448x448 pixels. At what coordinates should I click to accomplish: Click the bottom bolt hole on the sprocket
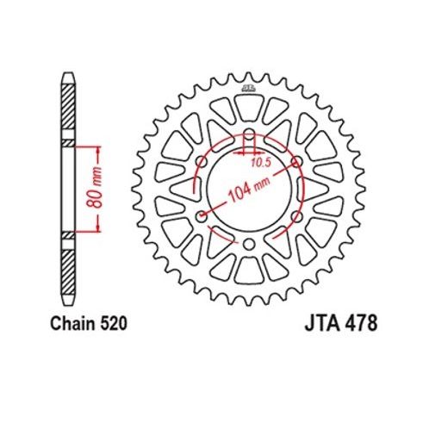point(249,245)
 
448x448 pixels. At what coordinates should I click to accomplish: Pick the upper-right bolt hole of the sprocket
point(296,163)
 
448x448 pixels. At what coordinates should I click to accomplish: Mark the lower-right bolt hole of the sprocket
point(296,218)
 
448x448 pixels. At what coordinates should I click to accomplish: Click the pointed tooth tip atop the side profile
point(67,78)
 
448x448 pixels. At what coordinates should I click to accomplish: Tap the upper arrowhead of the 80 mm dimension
point(101,152)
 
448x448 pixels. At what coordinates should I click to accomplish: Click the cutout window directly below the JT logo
point(248,108)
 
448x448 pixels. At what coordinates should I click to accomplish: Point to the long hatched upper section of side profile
point(67,108)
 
